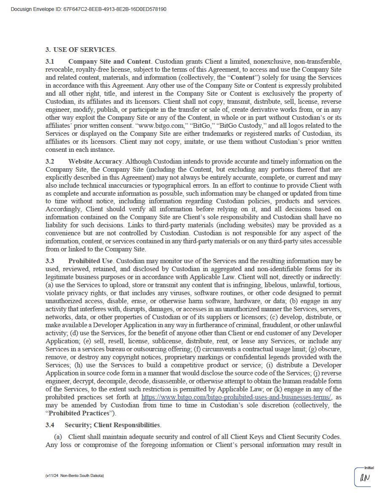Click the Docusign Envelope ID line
coord(88,9)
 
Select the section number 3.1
coord(50,62)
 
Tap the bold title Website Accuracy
coord(95,162)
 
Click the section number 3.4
coord(50,425)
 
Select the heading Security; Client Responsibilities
coord(113,425)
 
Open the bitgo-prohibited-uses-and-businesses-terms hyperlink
coord(236,397)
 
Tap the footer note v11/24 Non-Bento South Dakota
coord(75,476)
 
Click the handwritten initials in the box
coord(365,478)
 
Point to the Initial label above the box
coord(369,468)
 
